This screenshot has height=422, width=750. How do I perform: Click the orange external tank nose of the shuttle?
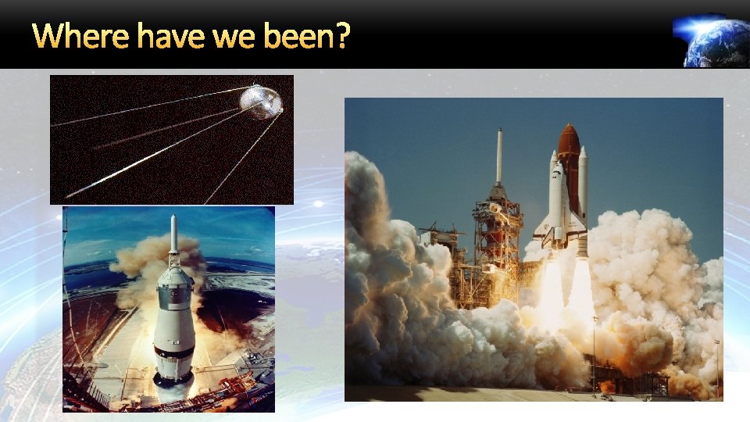point(569,141)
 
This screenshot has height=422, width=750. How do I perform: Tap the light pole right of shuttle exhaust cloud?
point(716,367)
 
